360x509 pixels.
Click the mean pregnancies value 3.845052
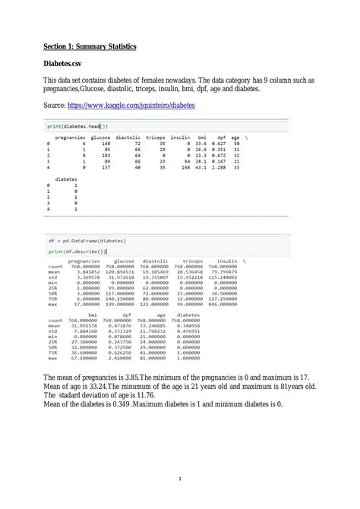(x=84, y=272)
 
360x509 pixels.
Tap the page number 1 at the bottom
(x=180, y=479)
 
